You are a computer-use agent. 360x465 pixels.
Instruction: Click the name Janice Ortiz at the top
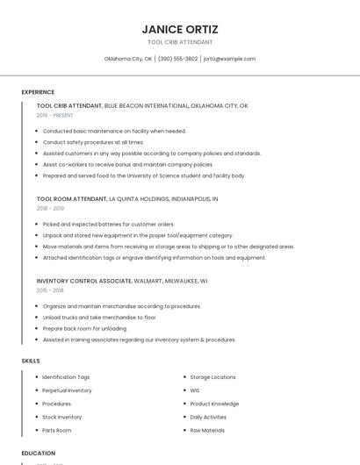click(180, 28)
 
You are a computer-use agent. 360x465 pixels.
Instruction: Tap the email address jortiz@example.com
click(229, 59)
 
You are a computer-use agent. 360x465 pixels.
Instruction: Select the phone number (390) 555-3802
click(177, 59)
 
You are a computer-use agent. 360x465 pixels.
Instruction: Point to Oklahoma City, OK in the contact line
click(128, 59)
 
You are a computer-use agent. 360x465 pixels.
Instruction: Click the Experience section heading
click(38, 92)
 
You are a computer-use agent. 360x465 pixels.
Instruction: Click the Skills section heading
click(31, 361)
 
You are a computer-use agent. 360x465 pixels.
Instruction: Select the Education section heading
click(39, 454)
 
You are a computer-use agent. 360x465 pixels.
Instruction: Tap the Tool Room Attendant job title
click(72, 199)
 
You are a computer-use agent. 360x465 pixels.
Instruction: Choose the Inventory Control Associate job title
click(84, 282)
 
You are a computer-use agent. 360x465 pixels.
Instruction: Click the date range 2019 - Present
click(55, 115)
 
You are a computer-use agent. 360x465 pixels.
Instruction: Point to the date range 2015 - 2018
click(50, 290)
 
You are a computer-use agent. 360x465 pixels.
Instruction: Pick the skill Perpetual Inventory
click(67, 390)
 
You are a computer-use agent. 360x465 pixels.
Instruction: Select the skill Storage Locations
click(212, 377)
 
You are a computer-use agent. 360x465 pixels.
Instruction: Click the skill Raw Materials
click(207, 431)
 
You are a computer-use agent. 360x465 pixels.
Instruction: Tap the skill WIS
click(195, 390)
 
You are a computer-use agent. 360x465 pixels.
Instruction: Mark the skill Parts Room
click(57, 431)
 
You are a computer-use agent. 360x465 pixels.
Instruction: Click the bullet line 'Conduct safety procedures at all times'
click(93, 142)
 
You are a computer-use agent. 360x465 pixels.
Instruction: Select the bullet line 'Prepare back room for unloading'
click(84, 328)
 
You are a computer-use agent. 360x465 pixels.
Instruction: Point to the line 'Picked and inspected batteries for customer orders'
click(108, 225)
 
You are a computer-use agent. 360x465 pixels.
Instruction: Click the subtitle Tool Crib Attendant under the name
click(180, 42)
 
